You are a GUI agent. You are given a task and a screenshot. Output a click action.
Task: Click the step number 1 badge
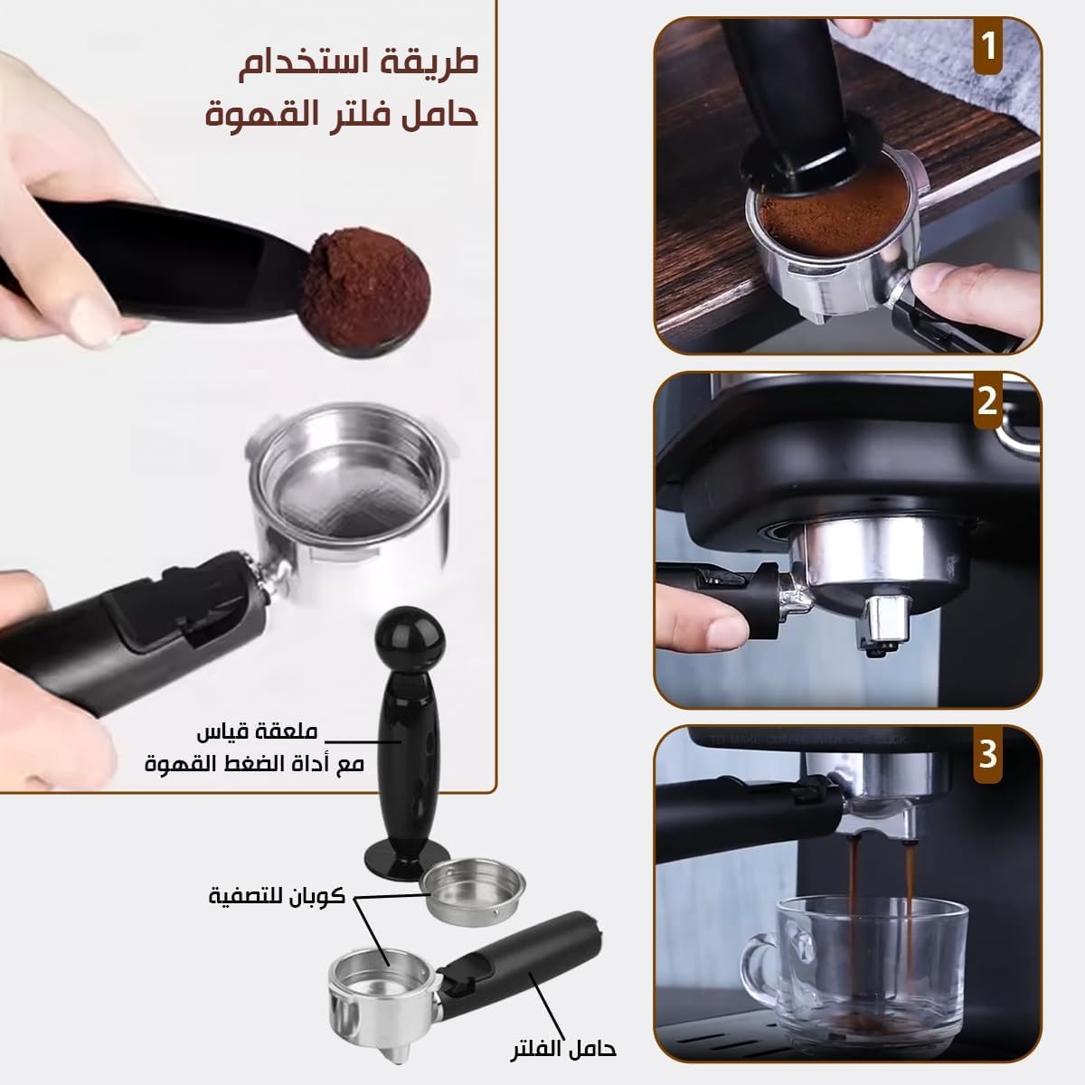click(988, 46)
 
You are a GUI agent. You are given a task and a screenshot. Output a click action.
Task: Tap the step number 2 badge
click(988, 401)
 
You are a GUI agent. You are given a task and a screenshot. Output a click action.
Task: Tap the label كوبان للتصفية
click(277, 895)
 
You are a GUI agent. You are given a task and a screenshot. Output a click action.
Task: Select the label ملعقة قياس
click(258, 732)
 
